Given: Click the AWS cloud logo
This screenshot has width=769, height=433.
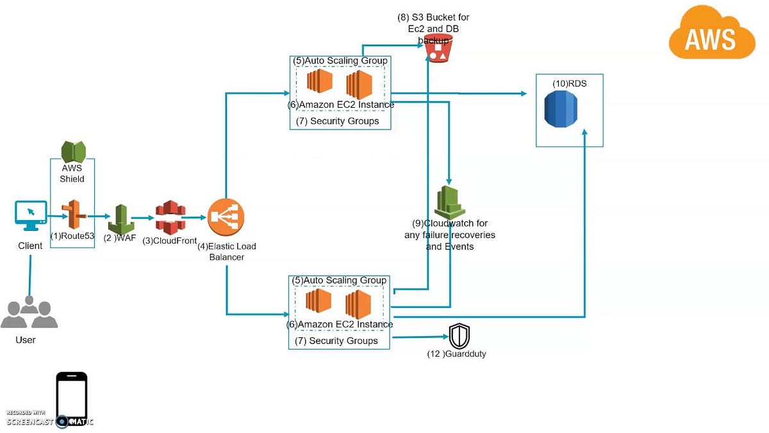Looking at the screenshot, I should (x=711, y=36).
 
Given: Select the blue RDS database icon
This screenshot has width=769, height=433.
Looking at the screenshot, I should (x=561, y=108).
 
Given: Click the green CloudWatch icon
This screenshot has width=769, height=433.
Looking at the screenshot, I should (x=450, y=203).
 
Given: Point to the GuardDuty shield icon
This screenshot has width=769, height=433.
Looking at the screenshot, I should (x=459, y=336).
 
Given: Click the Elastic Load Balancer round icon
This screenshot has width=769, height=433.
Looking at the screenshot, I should (x=226, y=218).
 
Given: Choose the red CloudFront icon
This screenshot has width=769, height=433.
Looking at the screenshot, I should (x=170, y=218).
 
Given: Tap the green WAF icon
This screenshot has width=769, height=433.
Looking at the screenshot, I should (x=120, y=219).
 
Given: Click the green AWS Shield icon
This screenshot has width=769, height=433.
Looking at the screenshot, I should (x=73, y=152).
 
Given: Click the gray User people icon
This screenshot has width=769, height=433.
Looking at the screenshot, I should (x=29, y=313).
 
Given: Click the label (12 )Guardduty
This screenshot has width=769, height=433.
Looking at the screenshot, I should (x=456, y=353).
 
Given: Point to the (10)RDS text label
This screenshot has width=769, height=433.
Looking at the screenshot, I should (x=569, y=83).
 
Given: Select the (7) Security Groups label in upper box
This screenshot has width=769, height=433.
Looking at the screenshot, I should (x=337, y=121).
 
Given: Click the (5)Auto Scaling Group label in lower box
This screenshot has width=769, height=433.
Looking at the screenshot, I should (x=339, y=280).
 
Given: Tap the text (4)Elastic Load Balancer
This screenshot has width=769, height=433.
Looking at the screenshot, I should (x=227, y=251).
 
